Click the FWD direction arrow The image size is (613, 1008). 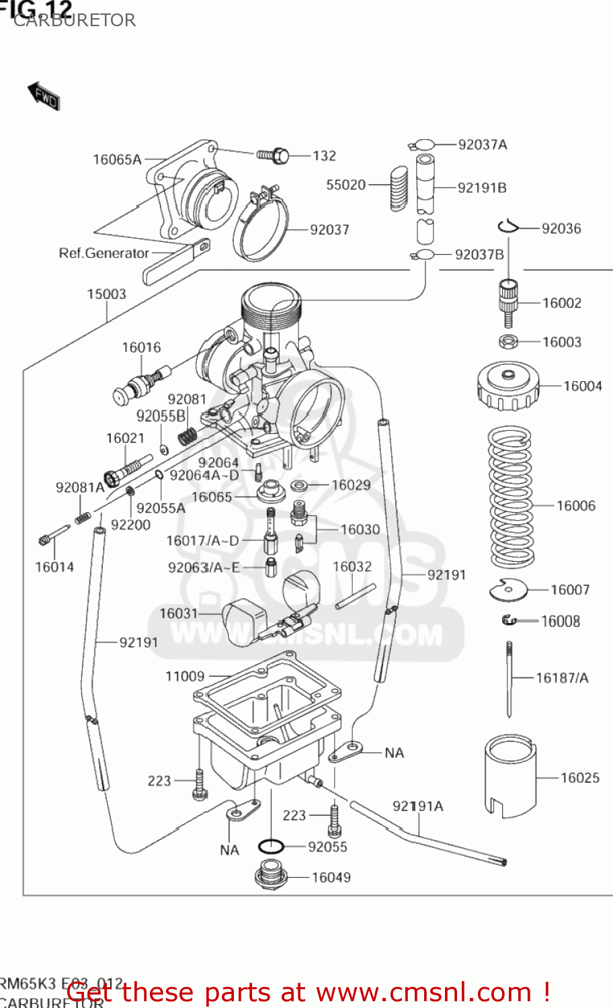point(44,96)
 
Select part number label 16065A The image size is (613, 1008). point(117,160)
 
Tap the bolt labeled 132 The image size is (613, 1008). point(274,156)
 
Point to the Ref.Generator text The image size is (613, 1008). point(104,253)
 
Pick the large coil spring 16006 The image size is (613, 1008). point(510,497)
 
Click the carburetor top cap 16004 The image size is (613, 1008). point(508,386)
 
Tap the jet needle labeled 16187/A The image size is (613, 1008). point(509,679)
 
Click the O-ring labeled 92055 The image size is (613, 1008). point(271,846)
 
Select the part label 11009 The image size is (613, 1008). point(185,676)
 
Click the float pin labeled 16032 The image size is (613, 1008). point(356,596)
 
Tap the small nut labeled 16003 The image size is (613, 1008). point(508,341)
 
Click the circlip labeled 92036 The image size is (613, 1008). point(509,227)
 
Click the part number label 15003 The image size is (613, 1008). point(106,294)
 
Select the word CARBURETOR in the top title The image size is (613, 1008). point(75,20)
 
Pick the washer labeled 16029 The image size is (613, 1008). point(299,485)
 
